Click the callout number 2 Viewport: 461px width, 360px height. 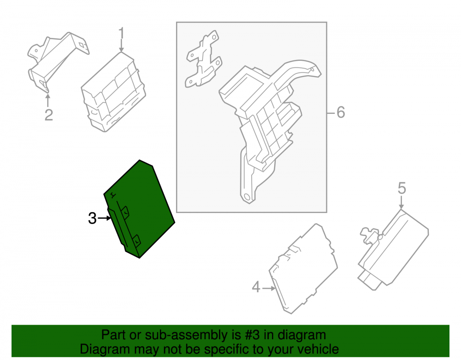pos(49,115)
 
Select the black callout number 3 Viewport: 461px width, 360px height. pos(92,218)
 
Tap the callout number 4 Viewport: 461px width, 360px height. pos(256,287)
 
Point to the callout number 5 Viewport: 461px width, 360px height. pos(402,189)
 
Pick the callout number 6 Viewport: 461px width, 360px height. pos(341,112)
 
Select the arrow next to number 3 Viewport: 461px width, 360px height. pos(104,218)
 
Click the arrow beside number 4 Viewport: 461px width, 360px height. pos(269,289)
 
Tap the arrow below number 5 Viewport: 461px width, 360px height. pos(402,203)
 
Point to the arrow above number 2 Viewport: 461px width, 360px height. pos(47,100)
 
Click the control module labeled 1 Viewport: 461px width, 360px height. pos(113,92)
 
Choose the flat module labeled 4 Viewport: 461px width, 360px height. pos(303,269)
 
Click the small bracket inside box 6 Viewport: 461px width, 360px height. pos(203,59)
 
